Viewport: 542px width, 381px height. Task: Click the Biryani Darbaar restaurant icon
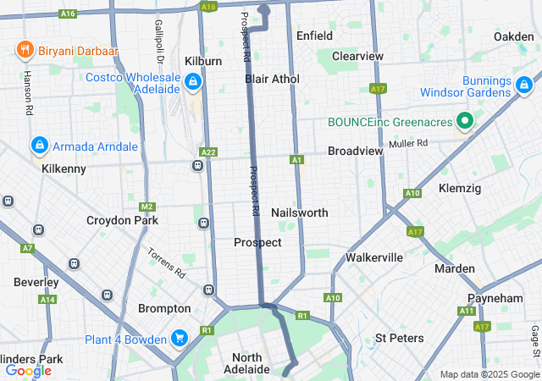(x=24, y=51)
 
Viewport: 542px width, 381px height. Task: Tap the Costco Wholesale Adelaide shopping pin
(x=193, y=82)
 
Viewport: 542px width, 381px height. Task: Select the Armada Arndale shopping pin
(x=39, y=146)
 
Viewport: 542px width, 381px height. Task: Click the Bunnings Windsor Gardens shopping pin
(x=524, y=85)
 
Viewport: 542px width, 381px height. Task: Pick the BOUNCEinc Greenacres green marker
(x=463, y=122)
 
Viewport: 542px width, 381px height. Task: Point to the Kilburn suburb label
(x=203, y=62)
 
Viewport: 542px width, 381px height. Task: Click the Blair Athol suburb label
(x=272, y=79)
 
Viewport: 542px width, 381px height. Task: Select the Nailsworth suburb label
(x=299, y=213)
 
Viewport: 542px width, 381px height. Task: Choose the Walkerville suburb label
(x=374, y=257)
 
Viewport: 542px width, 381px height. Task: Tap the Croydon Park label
(x=121, y=220)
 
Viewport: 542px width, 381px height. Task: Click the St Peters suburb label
(x=399, y=339)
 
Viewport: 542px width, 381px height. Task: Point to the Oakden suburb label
(x=514, y=36)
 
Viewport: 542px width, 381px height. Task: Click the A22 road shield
(x=208, y=152)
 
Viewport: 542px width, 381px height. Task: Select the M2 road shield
(x=147, y=207)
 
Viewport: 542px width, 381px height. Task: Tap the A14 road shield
(x=47, y=300)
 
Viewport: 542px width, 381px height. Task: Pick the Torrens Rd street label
(x=166, y=264)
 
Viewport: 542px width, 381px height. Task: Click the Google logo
(x=28, y=370)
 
